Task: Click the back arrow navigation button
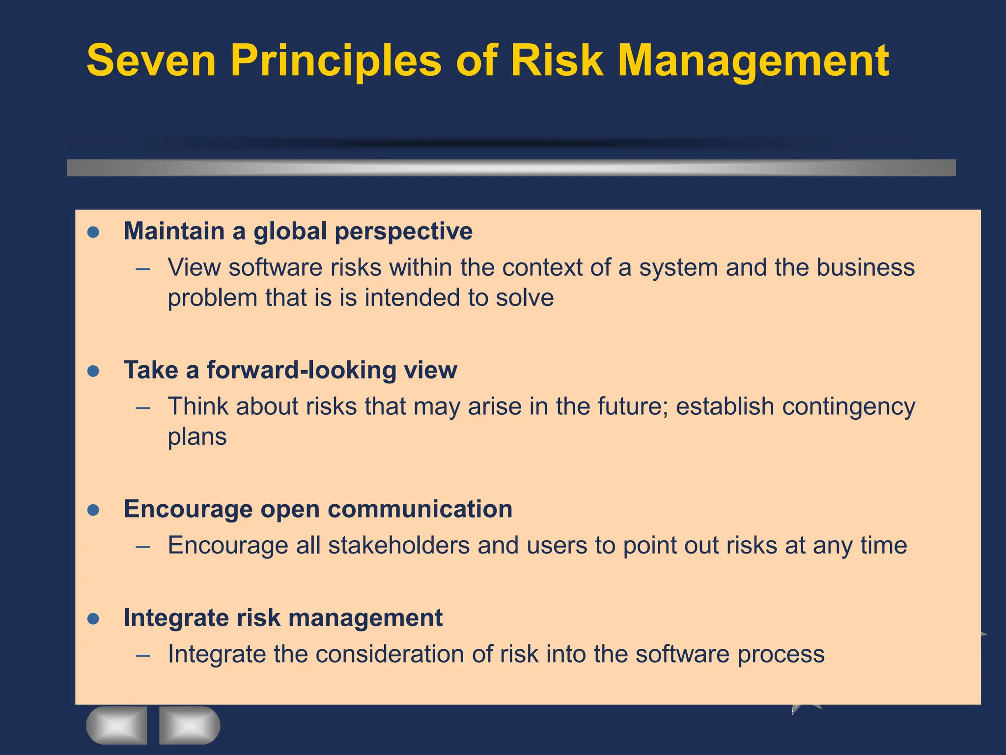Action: tap(117, 725)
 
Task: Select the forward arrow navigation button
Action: tap(190, 725)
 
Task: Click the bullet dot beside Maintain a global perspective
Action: tap(93, 232)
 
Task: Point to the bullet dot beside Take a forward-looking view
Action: tap(93, 371)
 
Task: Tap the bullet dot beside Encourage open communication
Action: tap(93, 510)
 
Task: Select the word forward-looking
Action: tap(301, 370)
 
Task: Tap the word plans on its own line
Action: tap(197, 437)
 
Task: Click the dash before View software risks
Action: tap(143, 269)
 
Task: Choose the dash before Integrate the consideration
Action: tap(143, 655)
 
